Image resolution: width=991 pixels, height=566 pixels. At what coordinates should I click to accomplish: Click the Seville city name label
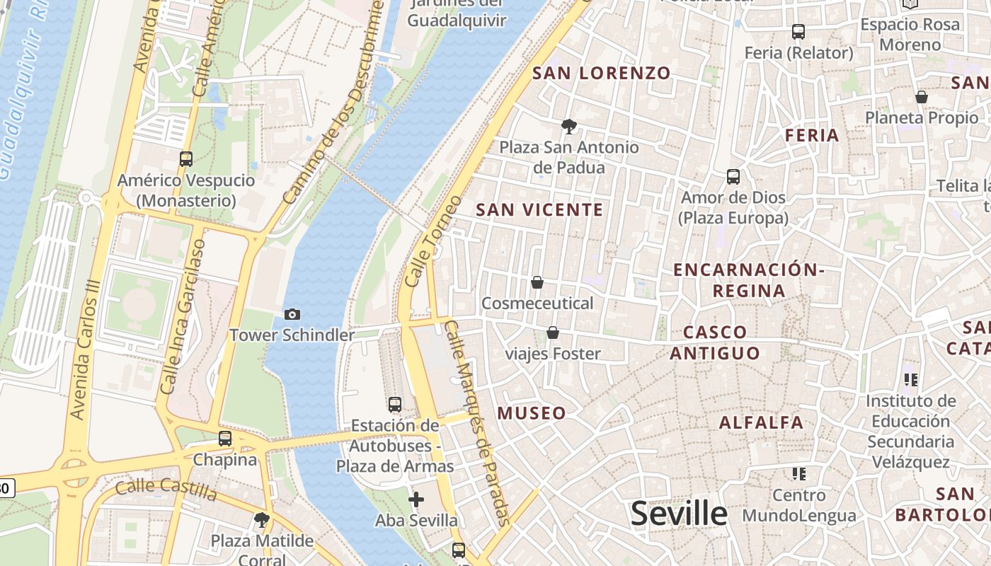(678, 514)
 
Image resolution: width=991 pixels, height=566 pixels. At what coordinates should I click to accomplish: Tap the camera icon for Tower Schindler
(292, 314)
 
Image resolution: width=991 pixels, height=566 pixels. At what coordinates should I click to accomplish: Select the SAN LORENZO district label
(601, 73)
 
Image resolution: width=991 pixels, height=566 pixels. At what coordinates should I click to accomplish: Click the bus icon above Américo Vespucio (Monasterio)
(186, 159)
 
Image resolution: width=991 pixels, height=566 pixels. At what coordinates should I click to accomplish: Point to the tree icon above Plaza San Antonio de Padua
(568, 127)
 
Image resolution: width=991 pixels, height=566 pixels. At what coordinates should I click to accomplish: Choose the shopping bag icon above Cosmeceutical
(537, 283)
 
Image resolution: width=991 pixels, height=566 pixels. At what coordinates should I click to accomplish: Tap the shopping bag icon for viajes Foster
(553, 333)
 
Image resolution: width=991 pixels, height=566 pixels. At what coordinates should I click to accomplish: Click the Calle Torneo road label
(433, 241)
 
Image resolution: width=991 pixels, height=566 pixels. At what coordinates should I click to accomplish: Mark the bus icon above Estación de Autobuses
(395, 405)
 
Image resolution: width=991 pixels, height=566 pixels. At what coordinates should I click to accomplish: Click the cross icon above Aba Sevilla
(416, 500)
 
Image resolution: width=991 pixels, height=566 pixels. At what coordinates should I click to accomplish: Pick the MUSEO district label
(532, 413)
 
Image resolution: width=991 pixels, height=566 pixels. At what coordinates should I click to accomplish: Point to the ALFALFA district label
(761, 423)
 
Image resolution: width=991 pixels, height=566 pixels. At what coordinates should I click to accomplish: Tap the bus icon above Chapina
(225, 439)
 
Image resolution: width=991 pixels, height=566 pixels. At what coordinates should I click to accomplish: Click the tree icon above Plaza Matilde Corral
(262, 520)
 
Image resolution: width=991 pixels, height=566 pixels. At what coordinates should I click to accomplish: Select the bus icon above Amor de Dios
(733, 177)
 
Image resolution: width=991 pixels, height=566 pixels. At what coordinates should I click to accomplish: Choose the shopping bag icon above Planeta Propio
(922, 97)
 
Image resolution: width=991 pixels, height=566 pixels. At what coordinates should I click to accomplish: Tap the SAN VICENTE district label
(539, 210)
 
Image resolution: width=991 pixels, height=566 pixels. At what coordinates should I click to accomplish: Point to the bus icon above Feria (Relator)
(798, 32)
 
